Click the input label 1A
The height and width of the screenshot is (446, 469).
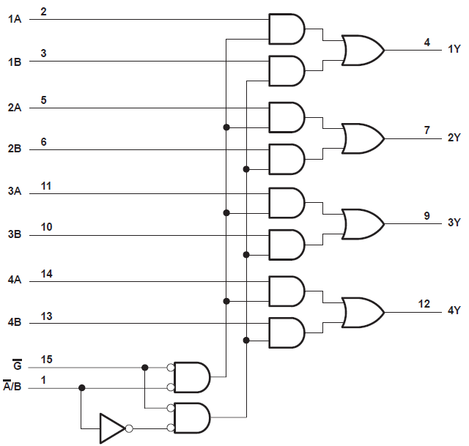click(15, 20)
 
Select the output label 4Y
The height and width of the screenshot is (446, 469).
click(454, 311)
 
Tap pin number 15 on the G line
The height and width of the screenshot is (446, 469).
click(46, 360)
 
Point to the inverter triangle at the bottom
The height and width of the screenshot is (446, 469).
click(112, 428)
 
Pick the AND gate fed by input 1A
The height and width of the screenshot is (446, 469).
click(287, 29)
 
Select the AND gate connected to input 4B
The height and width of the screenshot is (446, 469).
click(287, 332)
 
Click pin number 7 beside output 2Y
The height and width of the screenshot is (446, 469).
click(426, 130)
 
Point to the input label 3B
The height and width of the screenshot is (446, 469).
click(15, 235)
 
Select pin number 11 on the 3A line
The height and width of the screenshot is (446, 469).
click(46, 187)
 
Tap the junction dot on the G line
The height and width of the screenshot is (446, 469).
click(145, 367)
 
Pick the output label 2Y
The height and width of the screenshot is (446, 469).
click(454, 137)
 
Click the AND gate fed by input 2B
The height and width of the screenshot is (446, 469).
click(287, 159)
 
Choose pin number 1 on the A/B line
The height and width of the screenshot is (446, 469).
click(44, 380)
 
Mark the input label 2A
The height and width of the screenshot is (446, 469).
click(15, 108)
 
